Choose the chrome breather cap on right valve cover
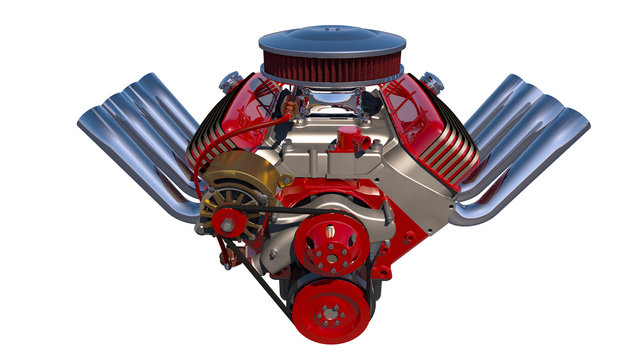[432, 80]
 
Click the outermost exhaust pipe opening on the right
[575, 125]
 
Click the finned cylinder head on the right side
[455, 160]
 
